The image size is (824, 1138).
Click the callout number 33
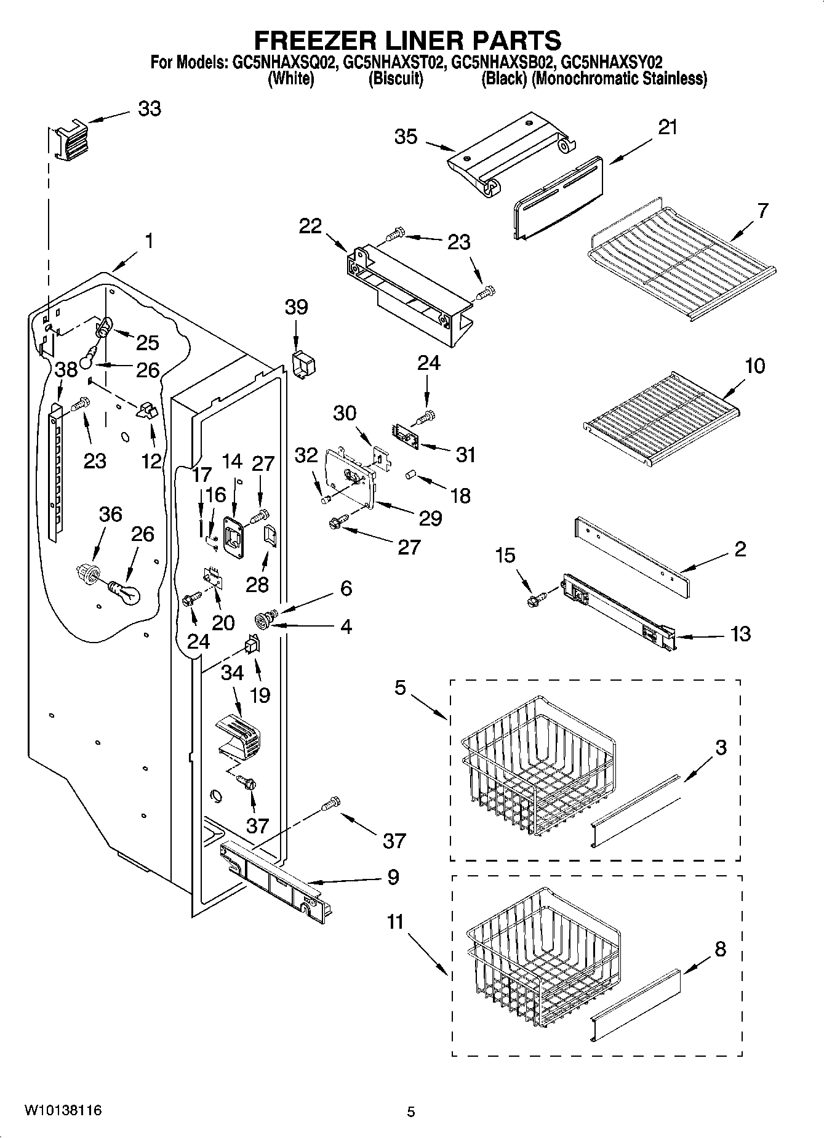(149, 109)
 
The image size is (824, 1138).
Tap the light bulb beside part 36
(125, 592)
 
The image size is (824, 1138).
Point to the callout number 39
(296, 307)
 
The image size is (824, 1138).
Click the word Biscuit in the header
(396, 79)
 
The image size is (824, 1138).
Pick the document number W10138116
(63, 1110)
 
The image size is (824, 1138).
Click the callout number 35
(406, 137)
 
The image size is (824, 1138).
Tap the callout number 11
(396, 922)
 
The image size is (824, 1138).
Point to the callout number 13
(740, 633)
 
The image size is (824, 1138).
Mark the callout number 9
(393, 877)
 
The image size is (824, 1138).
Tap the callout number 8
(720, 949)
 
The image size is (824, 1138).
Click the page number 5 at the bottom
(411, 1112)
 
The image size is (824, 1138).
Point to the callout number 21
(668, 127)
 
